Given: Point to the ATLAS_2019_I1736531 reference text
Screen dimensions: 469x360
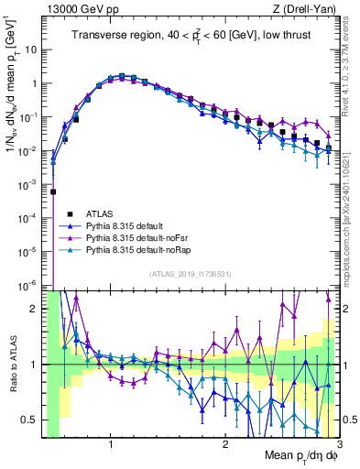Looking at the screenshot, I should (x=191, y=274).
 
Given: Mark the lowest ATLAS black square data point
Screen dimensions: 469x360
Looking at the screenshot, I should (x=53, y=191).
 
